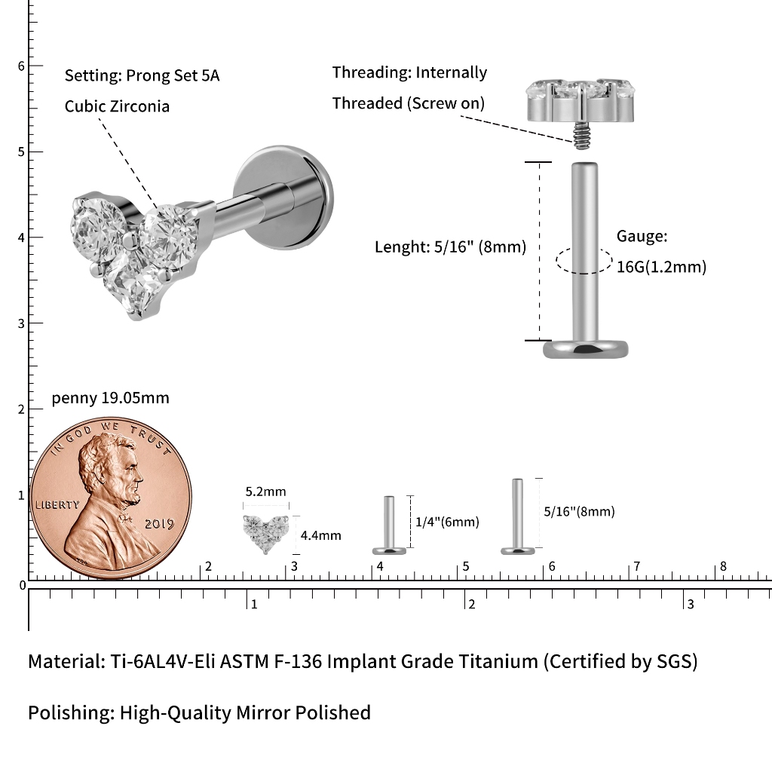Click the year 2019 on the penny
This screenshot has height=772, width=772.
pyautogui.click(x=159, y=524)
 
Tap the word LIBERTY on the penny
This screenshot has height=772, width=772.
pyautogui.click(x=57, y=504)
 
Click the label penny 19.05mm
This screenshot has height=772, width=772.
pyautogui.click(x=110, y=398)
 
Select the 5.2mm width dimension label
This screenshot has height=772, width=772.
pyautogui.click(x=266, y=492)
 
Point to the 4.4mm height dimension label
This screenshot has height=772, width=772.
pyautogui.click(x=321, y=535)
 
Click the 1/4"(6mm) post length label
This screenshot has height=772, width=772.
pyautogui.click(x=447, y=522)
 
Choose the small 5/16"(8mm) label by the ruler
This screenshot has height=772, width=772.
pyautogui.click(x=580, y=512)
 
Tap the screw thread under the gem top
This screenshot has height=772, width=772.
pyautogui.click(x=581, y=136)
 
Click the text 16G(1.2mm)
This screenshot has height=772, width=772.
pyautogui.click(x=661, y=267)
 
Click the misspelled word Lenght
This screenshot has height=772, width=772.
pyautogui.click(x=403, y=247)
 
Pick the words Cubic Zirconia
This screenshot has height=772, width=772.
pyautogui.click(x=117, y=106)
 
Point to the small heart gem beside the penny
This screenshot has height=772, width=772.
pyautogui.click(x=266, y=534)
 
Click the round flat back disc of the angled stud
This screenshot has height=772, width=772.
pyautogui.click(x=284, y=198)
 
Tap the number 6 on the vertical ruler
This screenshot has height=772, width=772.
pyautogui.click(x=21, y=66)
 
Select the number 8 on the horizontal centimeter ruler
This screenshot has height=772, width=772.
pyautogui.click(x=723, y=566)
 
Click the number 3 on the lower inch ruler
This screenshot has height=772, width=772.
pyautogui.click(x=691, y=604)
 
